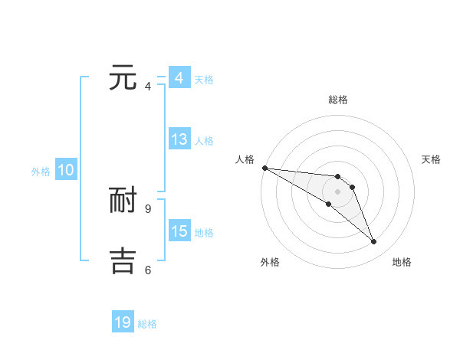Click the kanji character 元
(123, 79)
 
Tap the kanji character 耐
(123, 200)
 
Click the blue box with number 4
(179, 78)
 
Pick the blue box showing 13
(179, 139)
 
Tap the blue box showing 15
(179, 231)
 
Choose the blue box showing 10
(66, 171)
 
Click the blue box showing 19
(123, 322)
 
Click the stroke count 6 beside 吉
(147, 270)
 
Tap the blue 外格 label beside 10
(41, 172)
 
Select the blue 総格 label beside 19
(147, 324)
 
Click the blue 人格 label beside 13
(204, 141)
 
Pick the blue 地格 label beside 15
(204, 233)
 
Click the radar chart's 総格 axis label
(337, 100)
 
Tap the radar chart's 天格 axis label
(431, 159)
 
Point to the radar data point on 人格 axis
(264, 168)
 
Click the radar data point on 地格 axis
(373, 242)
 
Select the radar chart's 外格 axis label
(270, 263)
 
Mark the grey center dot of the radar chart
(337, 191)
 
